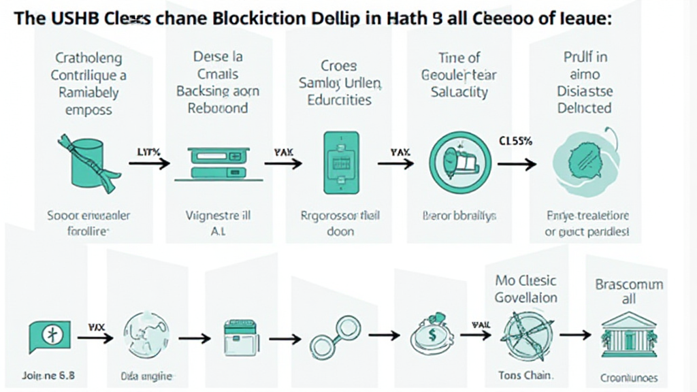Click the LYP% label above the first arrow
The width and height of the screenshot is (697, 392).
(150, 152)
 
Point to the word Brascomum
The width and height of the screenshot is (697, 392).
(629, 284)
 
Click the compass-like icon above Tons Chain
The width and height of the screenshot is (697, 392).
(521, 334)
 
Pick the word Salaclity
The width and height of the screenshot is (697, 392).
(459, 92)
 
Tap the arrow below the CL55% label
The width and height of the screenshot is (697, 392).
(517, 164)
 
